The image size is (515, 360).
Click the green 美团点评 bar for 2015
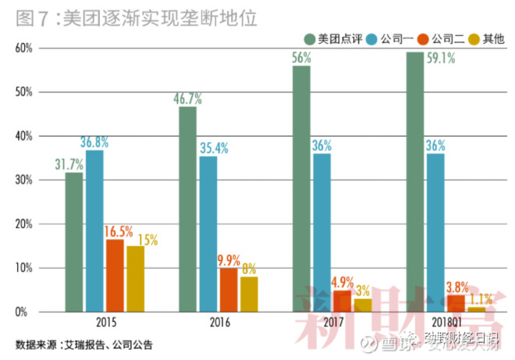coord(74,242)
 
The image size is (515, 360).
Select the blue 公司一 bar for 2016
coord(208,234)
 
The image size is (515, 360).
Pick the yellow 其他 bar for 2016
coord(249,294)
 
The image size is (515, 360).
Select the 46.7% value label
coord(187,99)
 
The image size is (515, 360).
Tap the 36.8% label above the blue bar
coord(95,142)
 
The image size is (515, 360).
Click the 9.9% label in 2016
coord(229,260)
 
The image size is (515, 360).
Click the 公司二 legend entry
coord(443,37)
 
